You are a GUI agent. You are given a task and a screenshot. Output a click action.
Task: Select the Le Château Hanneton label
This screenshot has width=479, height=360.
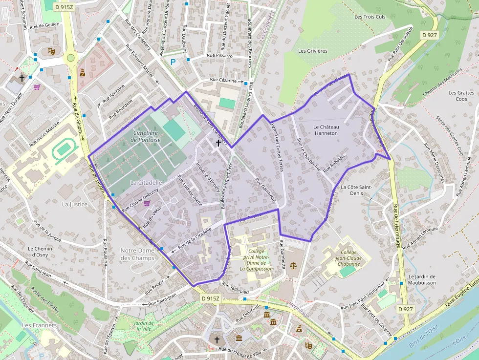tap(326, 129)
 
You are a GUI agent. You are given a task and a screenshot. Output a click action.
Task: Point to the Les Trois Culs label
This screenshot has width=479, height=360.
tap(370, 17)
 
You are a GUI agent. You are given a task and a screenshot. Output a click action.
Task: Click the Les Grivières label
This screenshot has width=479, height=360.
tap(312, 51)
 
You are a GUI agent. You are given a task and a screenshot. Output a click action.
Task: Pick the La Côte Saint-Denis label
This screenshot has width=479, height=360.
tap(356, 190)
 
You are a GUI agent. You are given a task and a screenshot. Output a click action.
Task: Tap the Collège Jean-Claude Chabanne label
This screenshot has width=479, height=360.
tap(348, 258)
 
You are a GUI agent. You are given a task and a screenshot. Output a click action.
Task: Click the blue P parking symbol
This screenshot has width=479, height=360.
tap(173, 62)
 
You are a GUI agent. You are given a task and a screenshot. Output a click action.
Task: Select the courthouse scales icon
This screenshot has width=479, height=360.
tap(293, 266)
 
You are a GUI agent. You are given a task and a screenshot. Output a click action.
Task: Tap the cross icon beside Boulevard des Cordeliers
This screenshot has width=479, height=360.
tap(218, 143)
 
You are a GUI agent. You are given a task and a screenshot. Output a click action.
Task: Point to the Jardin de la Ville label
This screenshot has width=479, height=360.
tap(144, 326)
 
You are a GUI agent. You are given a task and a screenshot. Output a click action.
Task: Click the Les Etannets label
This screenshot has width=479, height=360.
tap(40, 325)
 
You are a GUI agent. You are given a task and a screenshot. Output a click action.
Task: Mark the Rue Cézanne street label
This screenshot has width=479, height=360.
tap(223, 80)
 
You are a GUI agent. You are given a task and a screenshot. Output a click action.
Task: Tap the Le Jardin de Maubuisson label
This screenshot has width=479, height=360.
tap(421, 279)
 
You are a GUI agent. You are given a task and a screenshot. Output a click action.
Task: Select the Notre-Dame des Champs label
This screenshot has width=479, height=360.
tap(137, 254)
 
